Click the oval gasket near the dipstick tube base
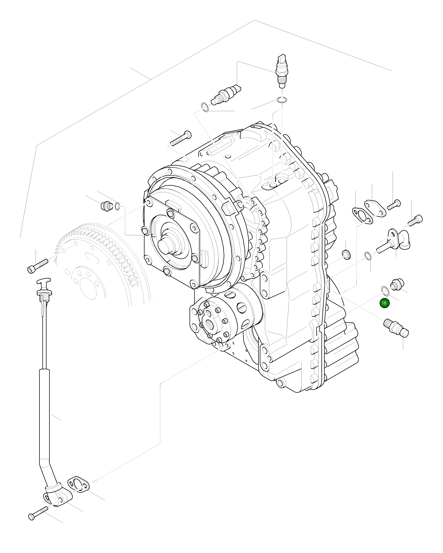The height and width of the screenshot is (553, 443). pyautogui.click(x=79, y=485)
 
